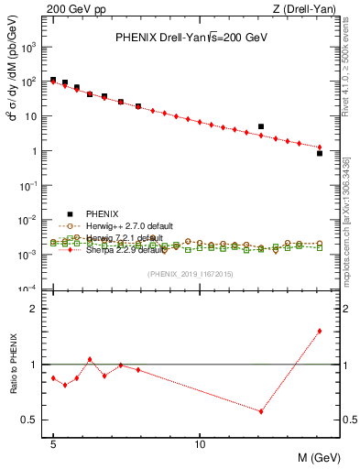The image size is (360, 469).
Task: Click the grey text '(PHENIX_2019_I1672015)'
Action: click(191, 274)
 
